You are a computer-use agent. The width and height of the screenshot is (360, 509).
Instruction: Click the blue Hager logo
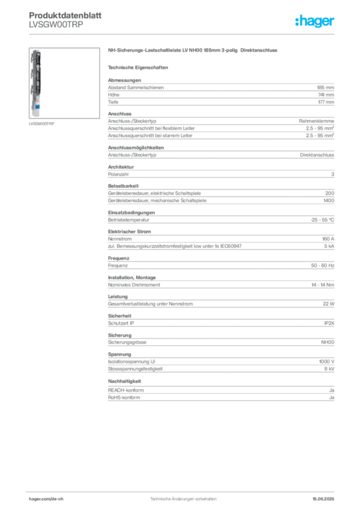point(316,21)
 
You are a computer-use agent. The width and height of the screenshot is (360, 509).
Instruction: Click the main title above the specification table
point(192,51)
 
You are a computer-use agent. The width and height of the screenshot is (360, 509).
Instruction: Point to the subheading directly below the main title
point(139,67)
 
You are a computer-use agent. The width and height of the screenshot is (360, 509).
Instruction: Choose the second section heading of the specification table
point(121,114)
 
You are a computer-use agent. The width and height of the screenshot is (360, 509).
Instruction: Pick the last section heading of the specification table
point(125,380)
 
